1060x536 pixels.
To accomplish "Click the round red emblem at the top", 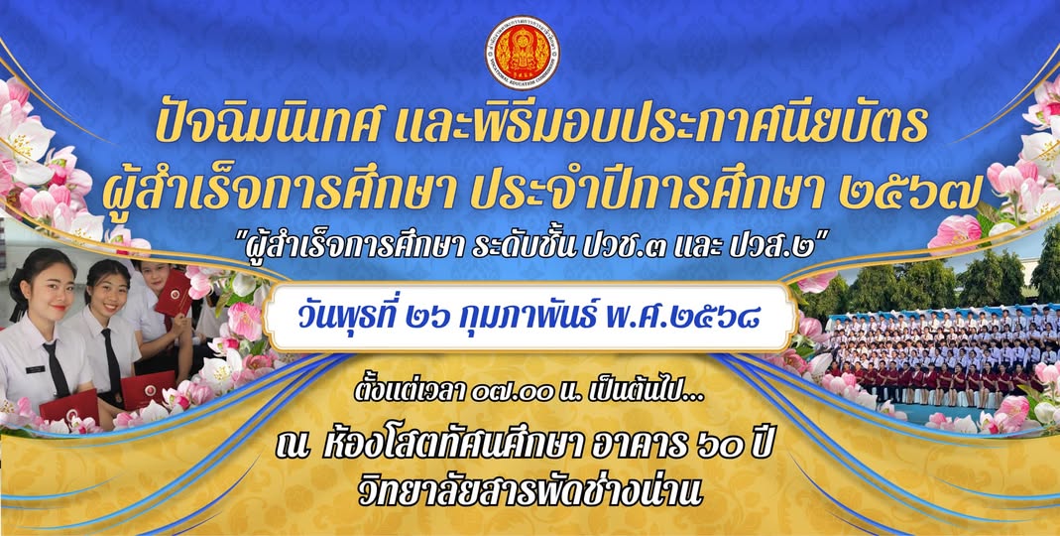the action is tap(522, 52).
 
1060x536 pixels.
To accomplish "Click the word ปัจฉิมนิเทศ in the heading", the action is tap(263, 124).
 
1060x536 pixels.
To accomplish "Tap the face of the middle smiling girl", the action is tap(108, 288).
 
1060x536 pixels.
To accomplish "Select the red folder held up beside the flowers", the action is tap(174, 293).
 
